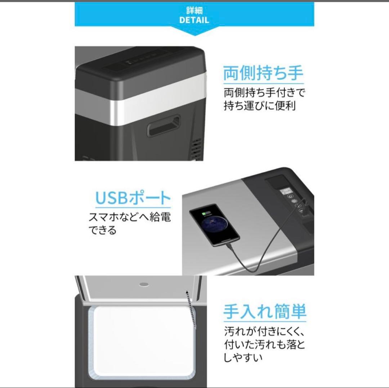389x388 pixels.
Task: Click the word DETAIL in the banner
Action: [x=194, y=20]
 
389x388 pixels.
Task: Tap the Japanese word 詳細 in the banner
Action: [x=194, y=10]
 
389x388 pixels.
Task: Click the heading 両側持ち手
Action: [x=263, y=73]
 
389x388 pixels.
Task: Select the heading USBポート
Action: [x=133, y=198]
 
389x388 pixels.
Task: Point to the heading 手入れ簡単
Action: [x=265, y=312]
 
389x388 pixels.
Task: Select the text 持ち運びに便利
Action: [x=260, y=107]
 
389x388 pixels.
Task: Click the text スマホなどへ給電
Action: [x=130, y=218]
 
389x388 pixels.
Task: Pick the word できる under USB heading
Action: [x=103, y=230]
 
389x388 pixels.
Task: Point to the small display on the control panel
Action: [x=286, y=190]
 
